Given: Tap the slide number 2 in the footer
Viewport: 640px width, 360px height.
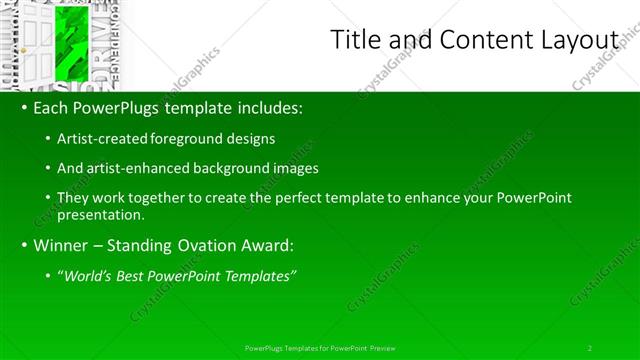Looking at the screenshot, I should (590, 347).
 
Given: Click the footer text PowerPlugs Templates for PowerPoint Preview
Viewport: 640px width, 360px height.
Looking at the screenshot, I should (320, 347).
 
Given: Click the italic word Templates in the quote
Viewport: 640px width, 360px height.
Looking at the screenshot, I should (263, 276).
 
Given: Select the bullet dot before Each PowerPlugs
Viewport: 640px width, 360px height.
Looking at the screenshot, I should (22, 108).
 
